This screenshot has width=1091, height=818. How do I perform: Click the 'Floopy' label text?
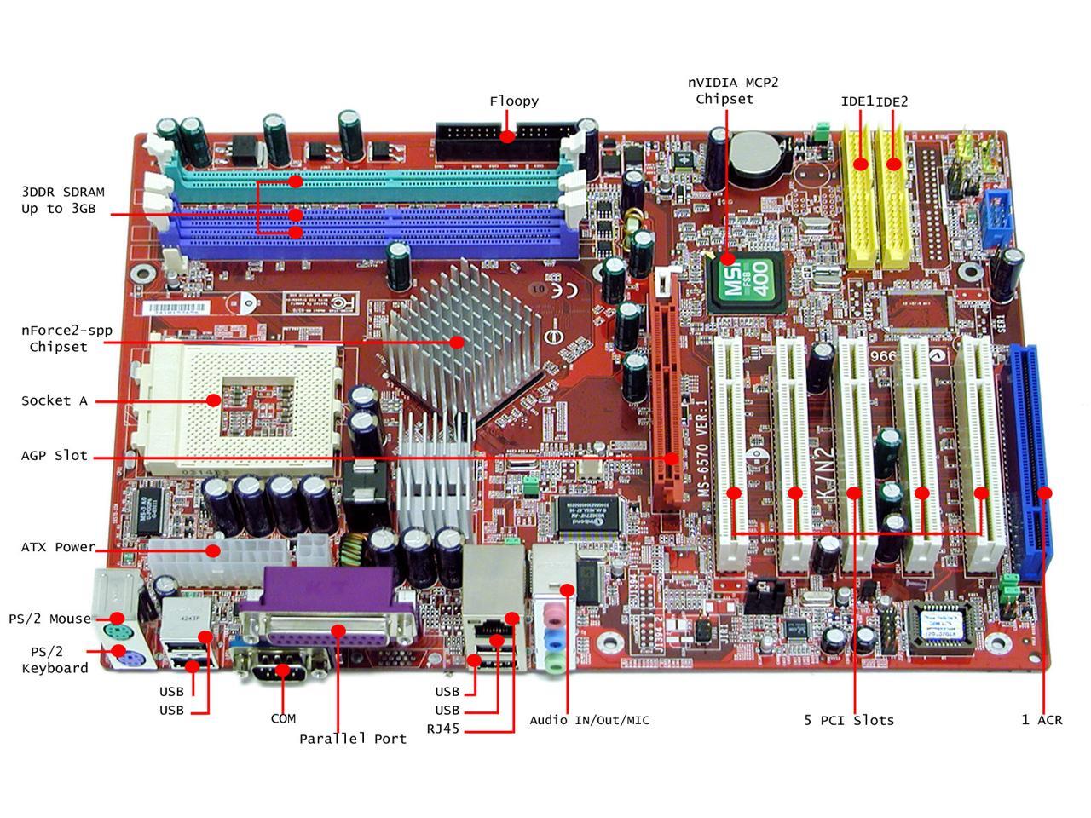(x=514, y=101)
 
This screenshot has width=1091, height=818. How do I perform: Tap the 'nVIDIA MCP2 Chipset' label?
(x=733, y=90)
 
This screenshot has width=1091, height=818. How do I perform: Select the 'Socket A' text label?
(x=55, y=400)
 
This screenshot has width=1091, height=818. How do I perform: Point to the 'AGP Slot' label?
(x=55, y=456)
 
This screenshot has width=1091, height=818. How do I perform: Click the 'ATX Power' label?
(x=58, y=547)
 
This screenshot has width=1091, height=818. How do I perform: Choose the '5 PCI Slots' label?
(x=849, y=721)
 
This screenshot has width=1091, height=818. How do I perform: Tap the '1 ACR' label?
(x=1042, y=720)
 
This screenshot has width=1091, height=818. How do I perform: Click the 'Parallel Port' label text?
(x=353, y=739)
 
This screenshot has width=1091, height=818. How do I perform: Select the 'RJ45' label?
(x=443, y=729)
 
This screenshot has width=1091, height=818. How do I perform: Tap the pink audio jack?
(x=555, y=614)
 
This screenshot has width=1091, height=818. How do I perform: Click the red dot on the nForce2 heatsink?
(x=458, y=343)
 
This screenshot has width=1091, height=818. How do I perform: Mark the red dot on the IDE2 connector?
(x=893, y=164)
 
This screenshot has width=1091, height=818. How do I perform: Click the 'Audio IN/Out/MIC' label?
(x=589, y=721)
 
